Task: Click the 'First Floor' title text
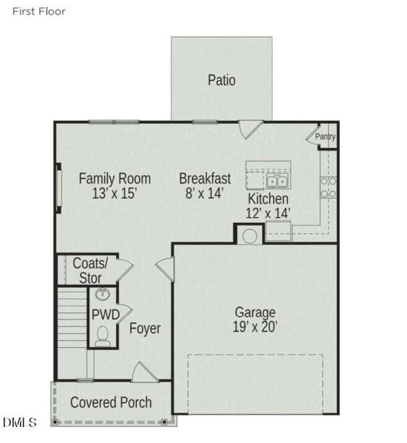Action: point(38,11)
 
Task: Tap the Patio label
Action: point(222,80)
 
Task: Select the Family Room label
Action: point(114,179)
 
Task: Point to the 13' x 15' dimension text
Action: point(114,194)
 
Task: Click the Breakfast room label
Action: point(205,179)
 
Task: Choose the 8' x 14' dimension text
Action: point(205,194)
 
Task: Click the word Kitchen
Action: point(267,199)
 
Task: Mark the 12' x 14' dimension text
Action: point(267,213)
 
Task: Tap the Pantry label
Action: point(325,137)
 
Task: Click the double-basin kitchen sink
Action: point(277,180)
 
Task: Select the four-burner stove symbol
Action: point(328,188)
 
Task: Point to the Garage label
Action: point(255,312)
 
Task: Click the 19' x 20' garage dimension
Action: point(255,326)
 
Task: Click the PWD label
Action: point(105,315)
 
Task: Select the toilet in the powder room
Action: point(104,336)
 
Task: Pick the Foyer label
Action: point(145,328)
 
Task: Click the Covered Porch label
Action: point(111,402)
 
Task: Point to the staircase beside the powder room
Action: point(72,317)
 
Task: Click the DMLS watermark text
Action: point(20,422)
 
